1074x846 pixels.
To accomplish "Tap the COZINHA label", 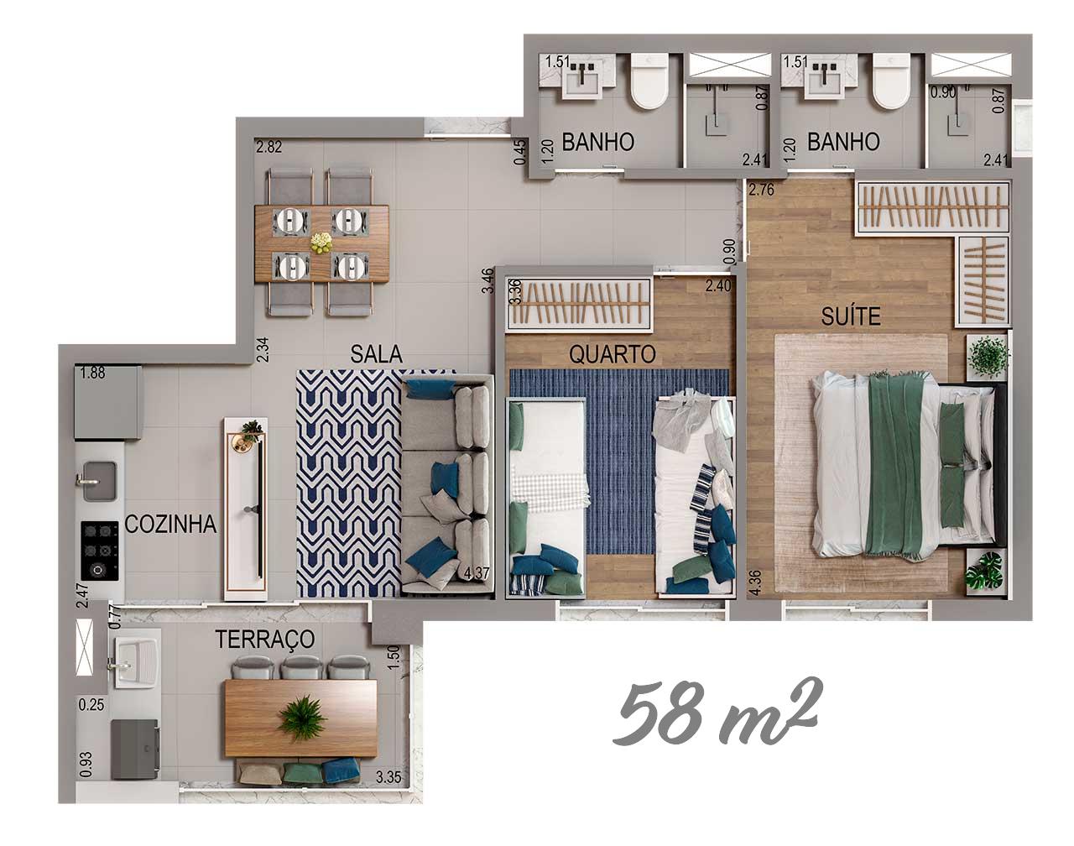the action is tap(170, 525).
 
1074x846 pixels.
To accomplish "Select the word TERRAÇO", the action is tap(264, 640).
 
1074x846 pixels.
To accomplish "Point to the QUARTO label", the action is tap(613, 354).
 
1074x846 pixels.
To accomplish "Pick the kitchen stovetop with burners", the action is tap(100, 551).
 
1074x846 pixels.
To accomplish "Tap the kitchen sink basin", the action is tap(99, 481).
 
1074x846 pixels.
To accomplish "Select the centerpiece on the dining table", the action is tap(321, 243).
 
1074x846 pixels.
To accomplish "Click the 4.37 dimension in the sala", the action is tap(476, 573).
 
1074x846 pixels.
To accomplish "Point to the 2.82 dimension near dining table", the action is tap(269, 147).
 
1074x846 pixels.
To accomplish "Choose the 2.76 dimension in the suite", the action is tap(761, 191).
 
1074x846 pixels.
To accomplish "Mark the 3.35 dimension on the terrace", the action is tap(388, 777).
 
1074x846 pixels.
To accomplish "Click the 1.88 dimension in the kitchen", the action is tap(93, 373).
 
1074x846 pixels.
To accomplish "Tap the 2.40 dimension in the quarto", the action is tap(718, 286).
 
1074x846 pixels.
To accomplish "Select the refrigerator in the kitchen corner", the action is tap(108, 403).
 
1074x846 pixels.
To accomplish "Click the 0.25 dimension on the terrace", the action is tap(91, 705).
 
